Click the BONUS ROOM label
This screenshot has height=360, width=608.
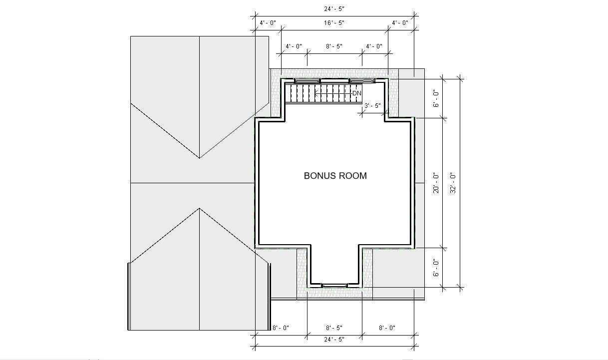point(335,176)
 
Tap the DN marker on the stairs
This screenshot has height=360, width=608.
point(357,93)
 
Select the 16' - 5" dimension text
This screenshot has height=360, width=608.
point(334,23)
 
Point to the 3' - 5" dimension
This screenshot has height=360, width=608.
point(373,106)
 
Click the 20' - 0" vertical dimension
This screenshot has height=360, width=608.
point(436,183)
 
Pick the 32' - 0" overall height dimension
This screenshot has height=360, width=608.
point(453,183)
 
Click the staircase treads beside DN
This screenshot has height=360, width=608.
point(319,93)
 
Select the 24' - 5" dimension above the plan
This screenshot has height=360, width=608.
point(334,9)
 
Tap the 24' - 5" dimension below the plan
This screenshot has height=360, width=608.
point(334,340)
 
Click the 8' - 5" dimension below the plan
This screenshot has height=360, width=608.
point(334,328)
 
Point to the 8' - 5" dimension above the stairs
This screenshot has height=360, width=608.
point(334,46)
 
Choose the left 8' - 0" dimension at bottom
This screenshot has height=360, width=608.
point(281,328)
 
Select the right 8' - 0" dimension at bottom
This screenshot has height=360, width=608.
point(387,328)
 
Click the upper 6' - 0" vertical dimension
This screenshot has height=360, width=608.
point(436,98)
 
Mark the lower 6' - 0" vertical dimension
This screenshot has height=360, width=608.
point(436,268)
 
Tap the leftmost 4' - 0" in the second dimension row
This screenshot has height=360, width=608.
point(268,23)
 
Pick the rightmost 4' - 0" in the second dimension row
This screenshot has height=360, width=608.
point(400,23)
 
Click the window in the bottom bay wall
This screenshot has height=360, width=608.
point(334,286)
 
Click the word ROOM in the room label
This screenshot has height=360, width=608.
point(353,176)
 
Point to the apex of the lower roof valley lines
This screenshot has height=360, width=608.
point(200,208)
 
